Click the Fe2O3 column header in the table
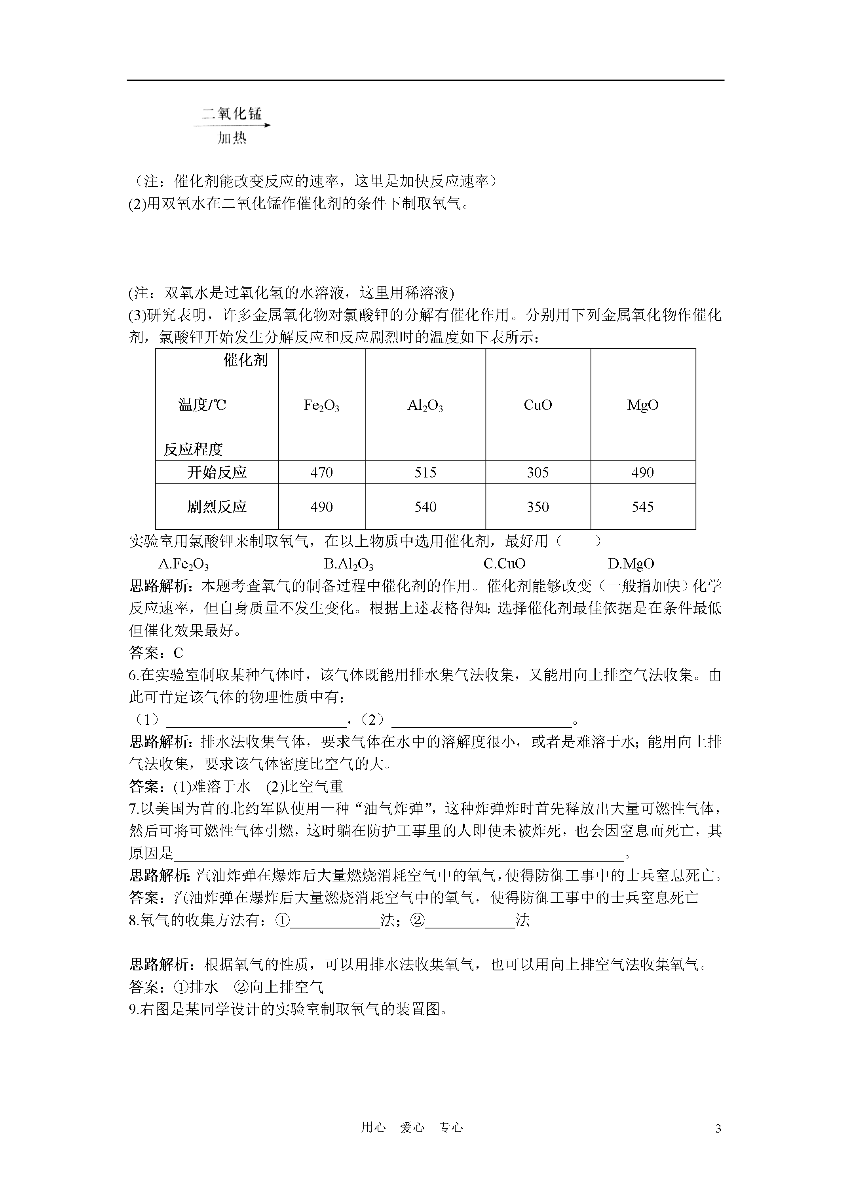(x=321, y=405)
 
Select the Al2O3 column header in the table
(x=425, y=405)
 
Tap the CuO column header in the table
(x=538, y=405)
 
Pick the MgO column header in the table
(x=643, y=405)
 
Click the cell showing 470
(x=321, y=473)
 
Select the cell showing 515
(x=425, y=473)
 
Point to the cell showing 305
(x=538, y=473)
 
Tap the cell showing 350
(x=538, y=507)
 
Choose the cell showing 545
(x=643, y=507)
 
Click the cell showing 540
(x=425, y=507)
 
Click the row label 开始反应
(x=217, y=473)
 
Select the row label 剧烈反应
(x=217, y=507)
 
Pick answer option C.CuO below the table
(x=504, y=564)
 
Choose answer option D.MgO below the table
(x=631, y=564)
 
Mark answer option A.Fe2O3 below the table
(x=184, y=564)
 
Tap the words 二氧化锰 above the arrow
(x=232, y=114)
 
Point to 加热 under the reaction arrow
(x=232, y=138)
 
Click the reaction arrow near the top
(x=232, y=126)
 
